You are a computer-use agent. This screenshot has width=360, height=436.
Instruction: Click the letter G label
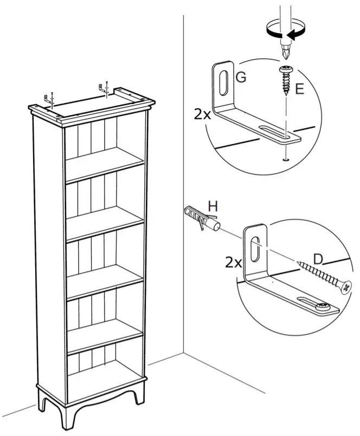pos(241,77)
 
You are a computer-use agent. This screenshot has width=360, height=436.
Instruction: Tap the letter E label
pos(299,89)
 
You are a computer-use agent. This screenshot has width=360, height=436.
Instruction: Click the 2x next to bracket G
pos(202,114)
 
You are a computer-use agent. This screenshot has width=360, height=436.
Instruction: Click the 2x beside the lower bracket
pos(233,263)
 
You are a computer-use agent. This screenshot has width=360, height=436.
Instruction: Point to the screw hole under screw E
pos(284,159)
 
